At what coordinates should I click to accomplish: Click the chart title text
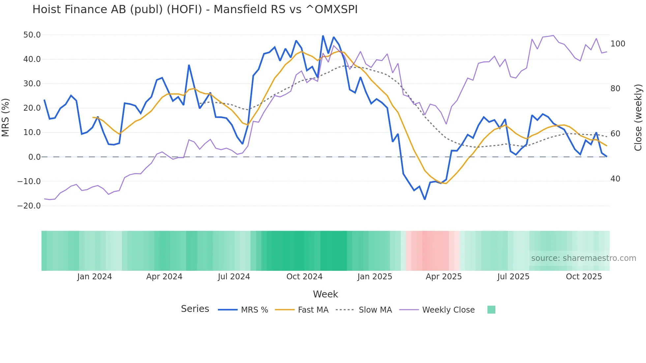coord(195,10)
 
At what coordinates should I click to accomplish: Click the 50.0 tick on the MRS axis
coord(32,35)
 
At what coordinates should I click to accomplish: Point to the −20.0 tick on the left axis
coord(29,206)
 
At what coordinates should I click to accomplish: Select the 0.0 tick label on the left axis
coord(34,157)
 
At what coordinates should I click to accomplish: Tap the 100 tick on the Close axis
coord(618,44)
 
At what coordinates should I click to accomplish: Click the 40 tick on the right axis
coord(615,179)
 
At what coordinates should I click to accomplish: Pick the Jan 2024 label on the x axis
coord(95,277)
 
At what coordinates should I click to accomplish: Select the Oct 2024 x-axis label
coord(304,277)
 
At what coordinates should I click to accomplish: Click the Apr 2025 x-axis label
coord(444,277)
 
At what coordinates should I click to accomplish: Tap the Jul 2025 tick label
coord(513,277)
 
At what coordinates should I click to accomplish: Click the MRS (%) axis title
coord(6,117)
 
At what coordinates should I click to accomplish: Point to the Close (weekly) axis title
coord(638,117)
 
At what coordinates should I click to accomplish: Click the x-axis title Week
coord(325,294)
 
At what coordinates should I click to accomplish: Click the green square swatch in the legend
coord(491,310)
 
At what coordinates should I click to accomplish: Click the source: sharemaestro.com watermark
coord(583,258)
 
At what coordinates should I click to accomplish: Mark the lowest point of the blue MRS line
coord(425,199)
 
